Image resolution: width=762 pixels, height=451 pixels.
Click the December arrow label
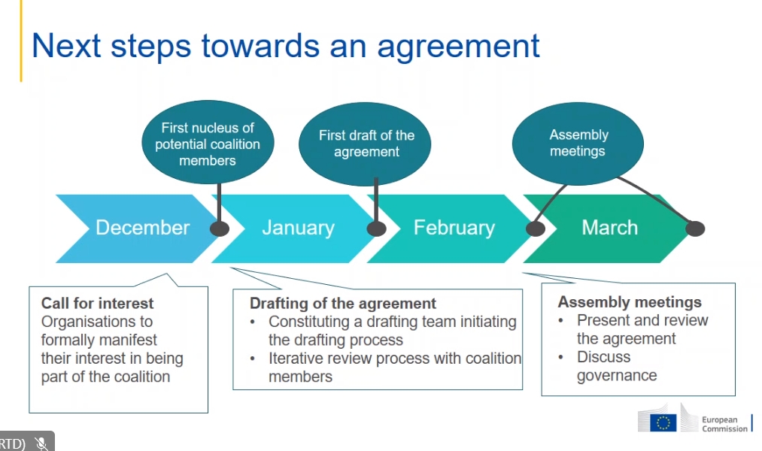coord(142,228)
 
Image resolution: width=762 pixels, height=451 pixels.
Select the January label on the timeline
coord(298,228)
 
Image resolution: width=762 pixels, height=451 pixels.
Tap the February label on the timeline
coord(454,228)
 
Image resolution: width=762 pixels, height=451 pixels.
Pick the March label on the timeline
coord(609,228)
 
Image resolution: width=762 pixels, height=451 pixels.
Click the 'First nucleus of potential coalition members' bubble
coord(208,144)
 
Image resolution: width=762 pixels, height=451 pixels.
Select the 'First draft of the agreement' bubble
coord(366,144)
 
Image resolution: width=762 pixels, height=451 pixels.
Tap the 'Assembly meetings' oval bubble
coord(578,143)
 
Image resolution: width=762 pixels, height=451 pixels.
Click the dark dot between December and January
coord(220,229)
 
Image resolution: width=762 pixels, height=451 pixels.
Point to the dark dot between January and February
coord(376,229)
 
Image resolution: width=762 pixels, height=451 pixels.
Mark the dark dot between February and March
coord(535,229)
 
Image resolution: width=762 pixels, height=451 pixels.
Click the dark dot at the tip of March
coord(695,229)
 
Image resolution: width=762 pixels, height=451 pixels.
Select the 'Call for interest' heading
coord(97,304)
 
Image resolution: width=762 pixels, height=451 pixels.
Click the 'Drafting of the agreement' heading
coord(342,304)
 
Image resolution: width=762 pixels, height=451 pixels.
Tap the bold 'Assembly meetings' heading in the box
coord(629,302)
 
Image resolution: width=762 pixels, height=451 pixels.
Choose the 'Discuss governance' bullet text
coord(615,366)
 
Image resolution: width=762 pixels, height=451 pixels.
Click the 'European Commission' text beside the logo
coord(724,424)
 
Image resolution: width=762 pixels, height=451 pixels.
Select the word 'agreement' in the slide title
coord(459,46)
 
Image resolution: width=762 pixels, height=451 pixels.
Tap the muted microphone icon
coord(41,443)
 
